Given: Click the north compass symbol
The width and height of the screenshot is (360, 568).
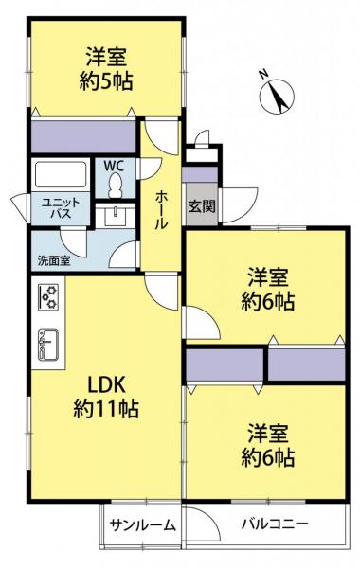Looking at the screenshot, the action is (277, 96).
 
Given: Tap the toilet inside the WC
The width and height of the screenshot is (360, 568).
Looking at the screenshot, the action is (116, 185).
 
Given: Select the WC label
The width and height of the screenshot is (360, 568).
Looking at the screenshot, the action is (114, 166).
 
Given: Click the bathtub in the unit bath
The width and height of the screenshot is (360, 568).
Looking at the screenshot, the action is (61, 174).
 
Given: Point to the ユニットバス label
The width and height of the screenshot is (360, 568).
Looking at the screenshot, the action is (61, 207).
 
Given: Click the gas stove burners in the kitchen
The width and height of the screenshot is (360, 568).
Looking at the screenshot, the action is (48, 296).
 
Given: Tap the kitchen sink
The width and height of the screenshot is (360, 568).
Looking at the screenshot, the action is (48, 345).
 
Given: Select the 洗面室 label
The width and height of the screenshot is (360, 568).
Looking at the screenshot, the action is (54, 260).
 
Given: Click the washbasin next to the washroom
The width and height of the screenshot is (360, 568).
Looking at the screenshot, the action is (116, 216).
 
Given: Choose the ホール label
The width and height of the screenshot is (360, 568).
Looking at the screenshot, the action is (161, 210).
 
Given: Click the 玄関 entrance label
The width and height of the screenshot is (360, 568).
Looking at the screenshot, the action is (201, 206).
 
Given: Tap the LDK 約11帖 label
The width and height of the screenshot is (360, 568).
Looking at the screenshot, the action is (106, 397).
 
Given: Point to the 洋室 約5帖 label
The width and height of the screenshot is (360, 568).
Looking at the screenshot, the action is (106, 69).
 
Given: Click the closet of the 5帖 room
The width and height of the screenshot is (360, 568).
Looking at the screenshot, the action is (83, 136).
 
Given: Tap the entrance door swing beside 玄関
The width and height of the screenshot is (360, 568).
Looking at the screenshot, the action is (239, 205).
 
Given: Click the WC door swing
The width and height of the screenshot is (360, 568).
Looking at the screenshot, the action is (150, 169).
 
